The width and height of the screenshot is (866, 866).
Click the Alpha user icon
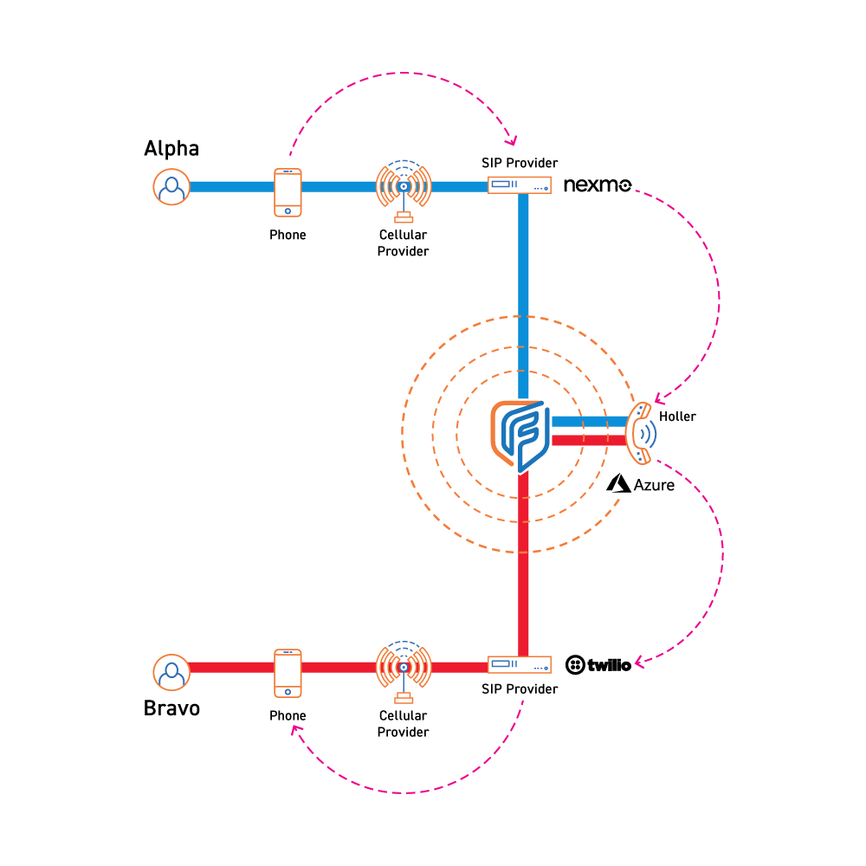[x=172, y=186]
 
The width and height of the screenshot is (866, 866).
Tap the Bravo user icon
[x=172, y=671]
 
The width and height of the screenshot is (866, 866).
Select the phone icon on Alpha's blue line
[x=288, y=191]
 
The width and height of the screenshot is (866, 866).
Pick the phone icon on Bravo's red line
[x=288, y=672]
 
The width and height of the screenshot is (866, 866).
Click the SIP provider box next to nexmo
[x=520, y=186]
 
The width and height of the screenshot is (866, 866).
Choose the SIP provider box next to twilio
[x=520, y=665]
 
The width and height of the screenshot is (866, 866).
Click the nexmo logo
[x=598, y=185]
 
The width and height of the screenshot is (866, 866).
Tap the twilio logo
[x=598, y=665]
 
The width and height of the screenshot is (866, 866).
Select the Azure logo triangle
[x=618, y=484]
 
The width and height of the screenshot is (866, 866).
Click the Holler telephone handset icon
[x=640, y=431]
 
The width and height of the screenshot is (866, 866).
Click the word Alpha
[x=171, y=149]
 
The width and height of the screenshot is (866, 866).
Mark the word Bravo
[x=171, y=708]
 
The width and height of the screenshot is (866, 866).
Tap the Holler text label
[x=677, y=417]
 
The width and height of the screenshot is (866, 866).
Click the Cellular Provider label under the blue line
[x=404, y=243]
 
